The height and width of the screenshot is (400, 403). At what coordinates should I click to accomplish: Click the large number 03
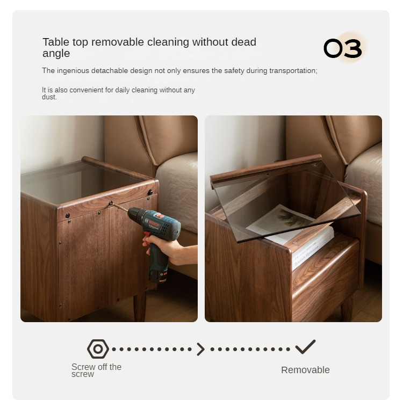[x=343, y=48]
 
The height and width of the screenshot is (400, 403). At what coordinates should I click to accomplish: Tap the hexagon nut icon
[x=98, y=349]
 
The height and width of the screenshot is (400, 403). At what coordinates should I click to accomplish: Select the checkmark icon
[x=305, y=347]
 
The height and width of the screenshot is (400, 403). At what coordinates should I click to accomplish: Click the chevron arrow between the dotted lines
[x=201, y=349]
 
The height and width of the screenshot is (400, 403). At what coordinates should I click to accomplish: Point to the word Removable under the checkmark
[x=305, y=370]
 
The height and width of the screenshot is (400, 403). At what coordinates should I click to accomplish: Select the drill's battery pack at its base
[x=159, y=277]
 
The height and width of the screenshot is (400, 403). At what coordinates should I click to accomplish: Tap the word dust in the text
[x=49, y=97]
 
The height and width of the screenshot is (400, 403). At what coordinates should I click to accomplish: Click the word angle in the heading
[x=56, y=53]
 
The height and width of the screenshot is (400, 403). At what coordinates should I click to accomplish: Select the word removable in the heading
[x=118, y=42]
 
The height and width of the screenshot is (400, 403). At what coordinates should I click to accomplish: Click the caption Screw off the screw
[x=96, y=370]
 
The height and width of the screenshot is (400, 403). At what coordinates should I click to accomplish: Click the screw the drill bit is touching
[x=111, y=203]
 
